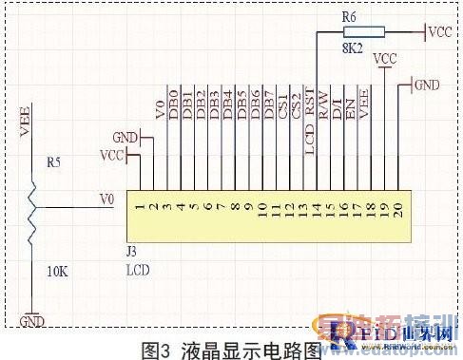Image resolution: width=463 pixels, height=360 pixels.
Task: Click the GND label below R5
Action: [x=32, y=322]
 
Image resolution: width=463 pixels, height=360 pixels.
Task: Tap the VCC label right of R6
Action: [x=439, y=32]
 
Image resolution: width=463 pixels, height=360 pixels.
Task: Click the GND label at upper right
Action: [x=427, y=85]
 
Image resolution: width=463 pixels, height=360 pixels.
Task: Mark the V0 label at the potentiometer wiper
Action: [x=106, y=200]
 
